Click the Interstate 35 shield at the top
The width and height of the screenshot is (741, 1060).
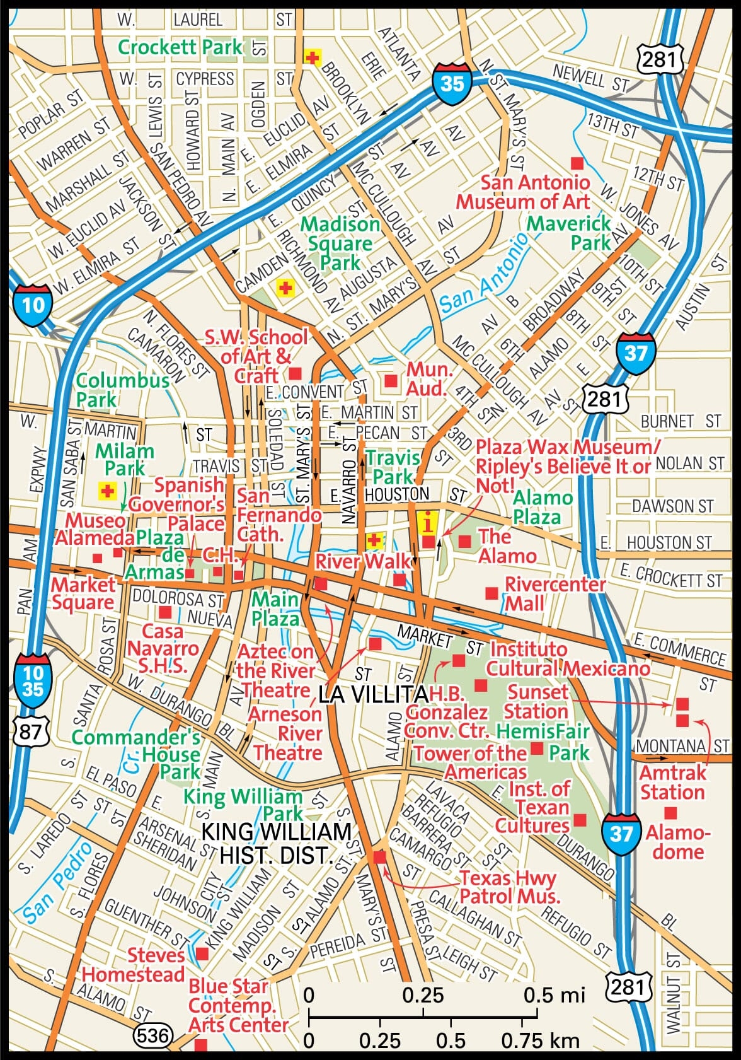[x=452, y=82]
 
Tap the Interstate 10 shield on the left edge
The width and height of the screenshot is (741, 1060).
[x=33, y=305]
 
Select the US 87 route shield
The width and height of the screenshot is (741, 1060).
[x=30, y=732]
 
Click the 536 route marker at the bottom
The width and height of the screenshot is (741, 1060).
[x=152, y=1035]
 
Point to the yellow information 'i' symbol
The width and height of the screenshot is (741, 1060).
[x=428, y=522]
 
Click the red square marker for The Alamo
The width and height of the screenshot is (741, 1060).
[x=464, y=541]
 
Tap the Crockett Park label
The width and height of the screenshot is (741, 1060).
[x=180, y=47]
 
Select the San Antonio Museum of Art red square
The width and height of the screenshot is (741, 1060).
[x=577, y=163]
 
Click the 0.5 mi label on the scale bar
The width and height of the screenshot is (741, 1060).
[x=554, y=995]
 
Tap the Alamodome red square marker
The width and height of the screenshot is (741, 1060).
[x=670, y=813]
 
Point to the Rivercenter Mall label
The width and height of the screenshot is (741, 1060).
[x=554, y=593]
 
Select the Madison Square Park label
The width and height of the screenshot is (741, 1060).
[x=340, y=243]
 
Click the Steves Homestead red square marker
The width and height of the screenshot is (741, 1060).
[x=202, y=953]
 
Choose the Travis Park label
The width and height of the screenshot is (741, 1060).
[x=393, y=467]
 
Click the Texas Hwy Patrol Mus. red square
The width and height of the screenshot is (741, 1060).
[x=379, y=858]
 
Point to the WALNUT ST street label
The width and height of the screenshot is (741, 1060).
[x=674, y=993]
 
